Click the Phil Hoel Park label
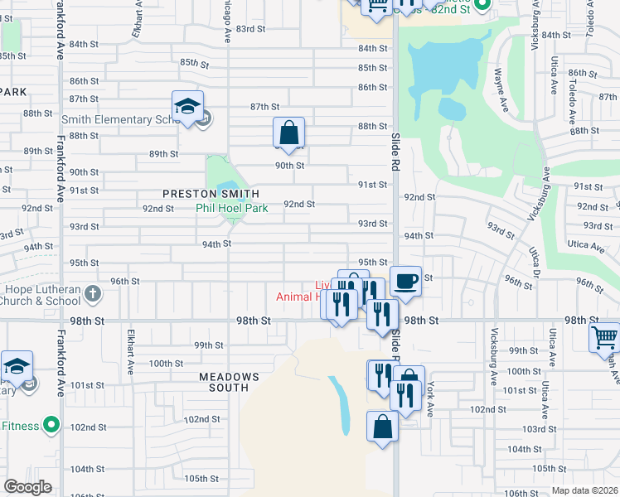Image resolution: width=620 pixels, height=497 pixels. pyautogui.click(x=232, y=209)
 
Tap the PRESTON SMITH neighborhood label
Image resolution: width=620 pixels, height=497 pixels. pyautogui.click(x=205, y=193)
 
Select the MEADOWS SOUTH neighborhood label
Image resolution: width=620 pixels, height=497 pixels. pyautogui.click(x=229, y=382)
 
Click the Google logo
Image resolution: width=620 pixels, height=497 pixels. pyautogui.click(x=27, y=487)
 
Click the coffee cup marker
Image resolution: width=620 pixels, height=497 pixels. pyautogui.click(x=405, y=281)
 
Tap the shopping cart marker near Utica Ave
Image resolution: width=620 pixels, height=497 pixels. pyautogui.click(x=604, y=337)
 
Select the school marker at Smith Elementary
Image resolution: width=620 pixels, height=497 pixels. pyautogui.click(x=188, y=107)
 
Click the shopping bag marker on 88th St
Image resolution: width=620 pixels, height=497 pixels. pyautogui.click(x=289, y=132)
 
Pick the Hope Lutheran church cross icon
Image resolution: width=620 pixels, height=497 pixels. pyautogui.click(x=92, y=293)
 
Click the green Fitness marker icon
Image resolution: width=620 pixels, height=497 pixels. pyautogui.click(x=51, y=426)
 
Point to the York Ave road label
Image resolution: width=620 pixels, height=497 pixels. pyautogui.click(x=431, y=394)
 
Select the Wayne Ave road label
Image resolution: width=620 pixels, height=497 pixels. pyautogui.click(x=502, y=91)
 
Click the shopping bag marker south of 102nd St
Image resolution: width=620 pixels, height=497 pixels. pyautogui.click(x=382, y=427)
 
